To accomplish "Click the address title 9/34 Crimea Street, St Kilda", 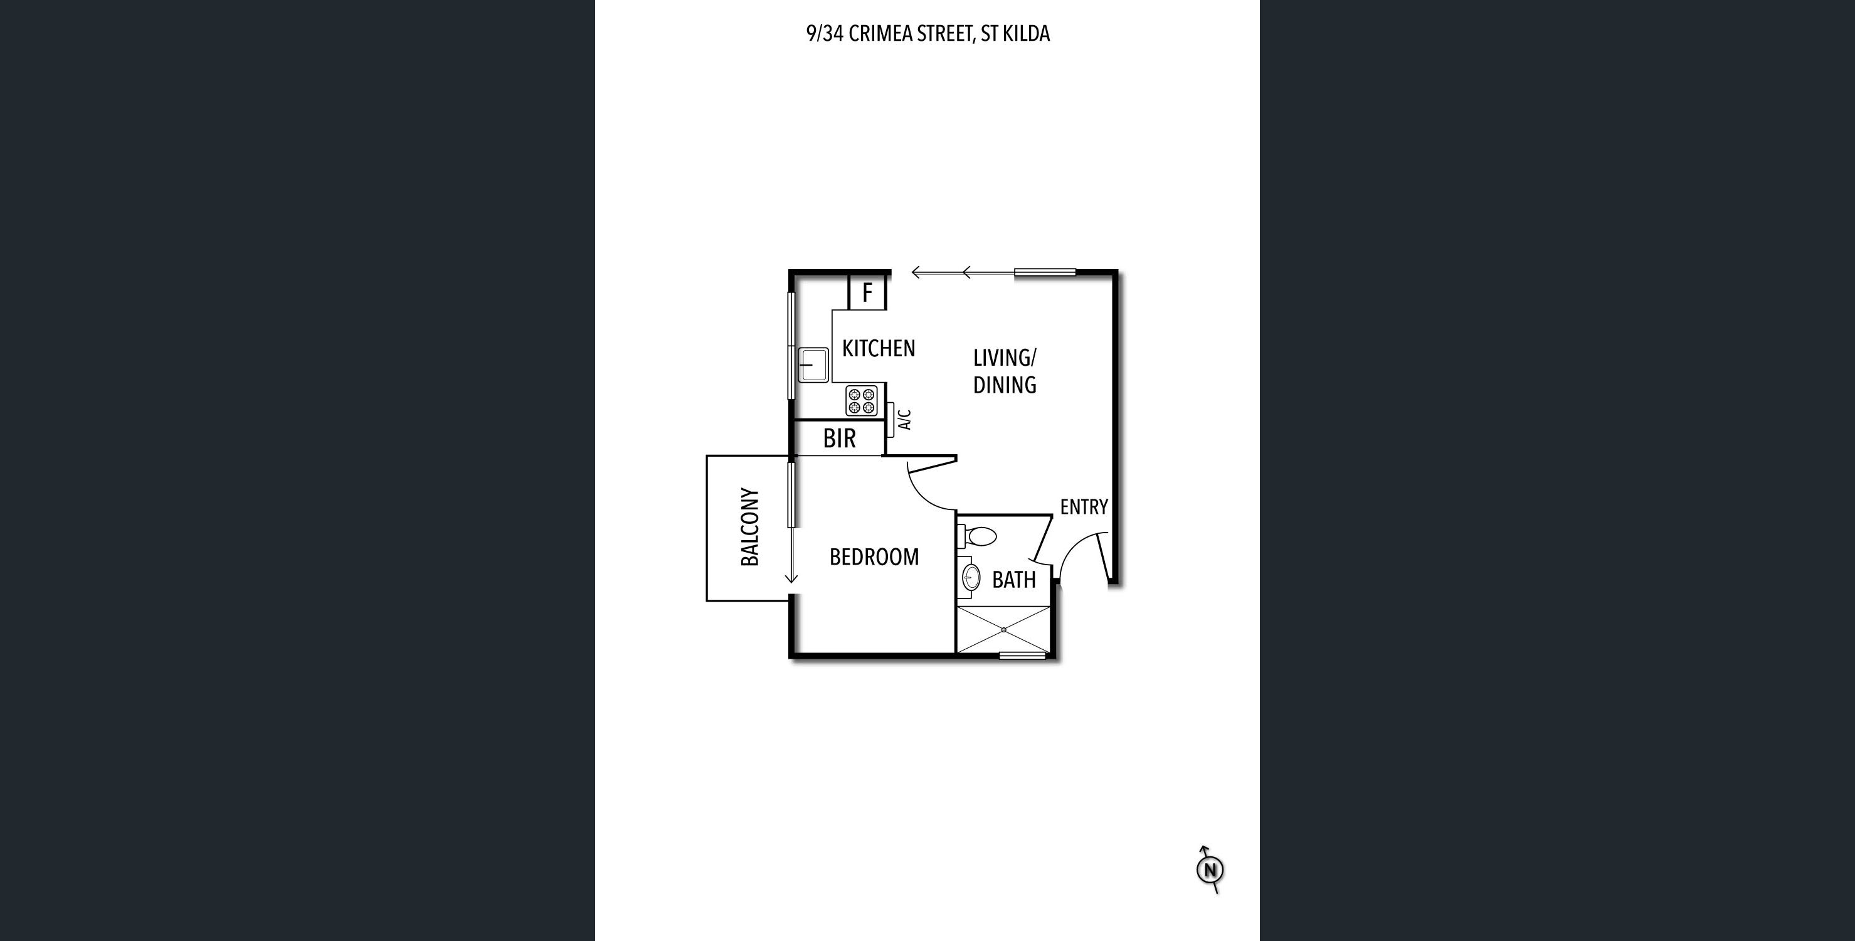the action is click(x=928, y=34).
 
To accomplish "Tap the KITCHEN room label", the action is click(x=879, y=349).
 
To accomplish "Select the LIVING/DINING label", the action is click(x=1005, y=372).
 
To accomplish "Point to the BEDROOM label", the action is click(x=874, y=557).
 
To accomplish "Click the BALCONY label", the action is click(x=749, y=528).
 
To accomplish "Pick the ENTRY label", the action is click(x=1084, y=508).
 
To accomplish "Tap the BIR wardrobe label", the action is click(x=840, y=438).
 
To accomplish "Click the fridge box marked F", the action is click(x=867, y=292).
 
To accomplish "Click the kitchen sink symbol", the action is click(x=813, y=365).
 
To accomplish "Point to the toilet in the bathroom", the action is click(x=977, y=537).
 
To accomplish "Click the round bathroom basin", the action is click(x=971, y=577).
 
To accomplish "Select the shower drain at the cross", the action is click(x=1003, y=630).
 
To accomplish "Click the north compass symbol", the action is click(x=1210, y=869).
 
